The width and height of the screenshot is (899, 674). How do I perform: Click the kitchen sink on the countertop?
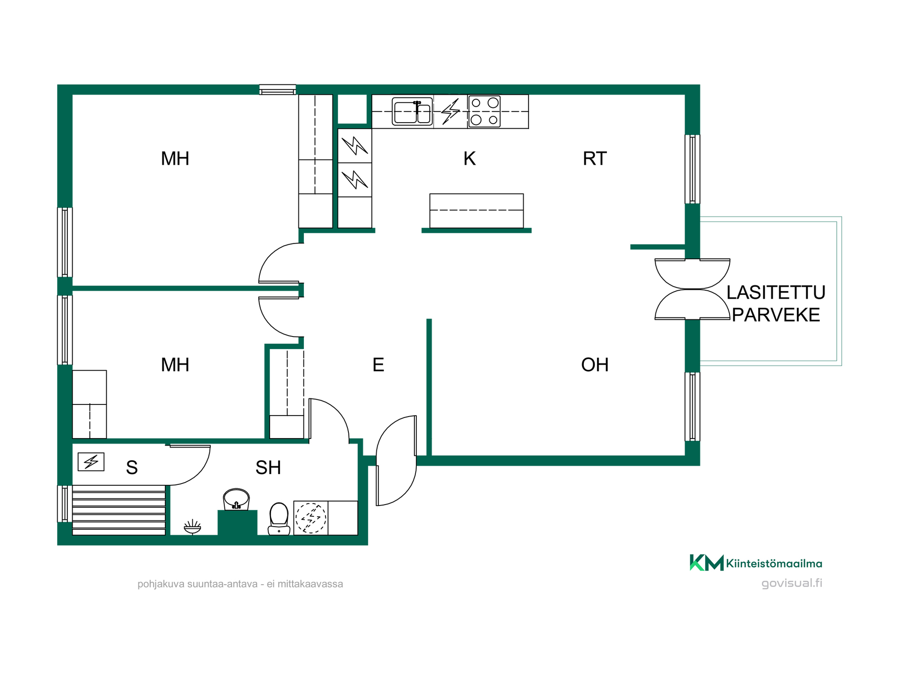(412, 111)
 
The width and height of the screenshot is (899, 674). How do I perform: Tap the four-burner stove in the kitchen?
(484, 111)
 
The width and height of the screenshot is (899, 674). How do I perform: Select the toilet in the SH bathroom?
(279, 519)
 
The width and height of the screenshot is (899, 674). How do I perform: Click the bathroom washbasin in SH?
(236, 499)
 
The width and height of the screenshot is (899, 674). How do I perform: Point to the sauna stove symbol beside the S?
(91, 462)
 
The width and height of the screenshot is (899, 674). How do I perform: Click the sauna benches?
(119, 510)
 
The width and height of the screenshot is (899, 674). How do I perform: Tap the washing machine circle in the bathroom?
(310, 518)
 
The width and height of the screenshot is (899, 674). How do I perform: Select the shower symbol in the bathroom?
(192, 527)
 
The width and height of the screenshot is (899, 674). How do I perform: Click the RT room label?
(595, 159)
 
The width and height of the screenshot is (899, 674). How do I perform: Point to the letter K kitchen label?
(470, 159)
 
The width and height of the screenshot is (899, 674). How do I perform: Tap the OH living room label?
(595, 365)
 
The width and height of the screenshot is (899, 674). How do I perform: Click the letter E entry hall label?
(378, 365)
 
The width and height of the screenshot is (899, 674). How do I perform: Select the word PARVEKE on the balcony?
(776, 315)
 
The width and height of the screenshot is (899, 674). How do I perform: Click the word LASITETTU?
(776, 293)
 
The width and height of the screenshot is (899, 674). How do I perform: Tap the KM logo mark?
(707, 563)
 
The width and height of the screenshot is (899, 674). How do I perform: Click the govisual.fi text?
(792, 583)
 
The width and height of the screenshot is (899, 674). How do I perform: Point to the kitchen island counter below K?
(477, 211)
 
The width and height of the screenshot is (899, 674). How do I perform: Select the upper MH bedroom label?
(175, 159)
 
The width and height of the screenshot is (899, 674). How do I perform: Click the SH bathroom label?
(268, 468)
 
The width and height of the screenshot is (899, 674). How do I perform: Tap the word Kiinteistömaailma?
(774, 564)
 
